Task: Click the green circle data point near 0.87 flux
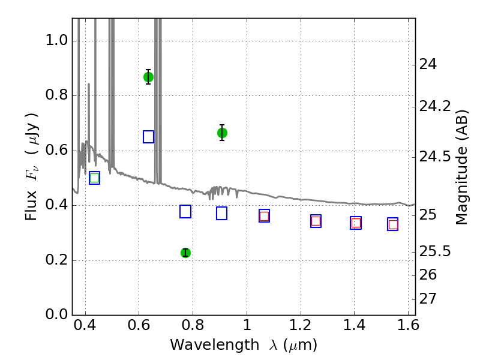pos(148,77)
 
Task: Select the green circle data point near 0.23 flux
pos(185,253)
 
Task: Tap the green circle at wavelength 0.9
pos(222,133)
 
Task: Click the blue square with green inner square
pos(94,178)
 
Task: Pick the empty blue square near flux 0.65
pos(148,137)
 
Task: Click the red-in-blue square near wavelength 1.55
pos(393,224)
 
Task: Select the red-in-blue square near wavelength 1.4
pos(356,223)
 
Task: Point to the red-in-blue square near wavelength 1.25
pos(316,221)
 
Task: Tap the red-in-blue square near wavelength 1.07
pos(264,216)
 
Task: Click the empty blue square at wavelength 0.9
pos(221,214)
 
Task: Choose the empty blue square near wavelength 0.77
pos(185,212)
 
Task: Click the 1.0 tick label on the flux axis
pos(56,40)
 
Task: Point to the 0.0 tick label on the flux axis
pos(56,314)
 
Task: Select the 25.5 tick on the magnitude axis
pos(434,251)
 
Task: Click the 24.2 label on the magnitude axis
pos(434,106)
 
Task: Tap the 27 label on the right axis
pos(428,298)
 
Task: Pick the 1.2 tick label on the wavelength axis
pos(301,325)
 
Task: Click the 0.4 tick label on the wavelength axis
pos(85,325)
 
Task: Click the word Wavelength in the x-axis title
pos(215,344)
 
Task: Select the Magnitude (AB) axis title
pos(461,167)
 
